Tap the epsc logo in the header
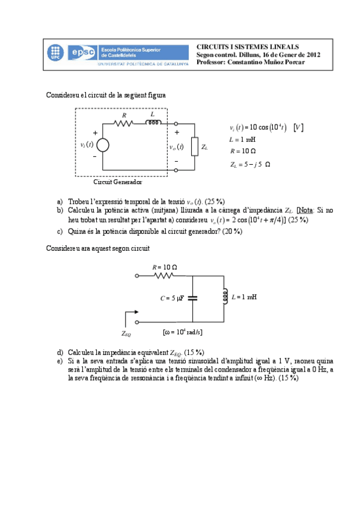82,52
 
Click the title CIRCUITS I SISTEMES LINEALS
248,47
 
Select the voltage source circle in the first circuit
103,145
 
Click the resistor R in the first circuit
124,124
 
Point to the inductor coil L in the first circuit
154,123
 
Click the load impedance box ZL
194,146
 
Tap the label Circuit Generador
118,182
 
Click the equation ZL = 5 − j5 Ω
250,164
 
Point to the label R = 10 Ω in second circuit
168,266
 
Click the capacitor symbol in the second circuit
192,298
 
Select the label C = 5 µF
173,298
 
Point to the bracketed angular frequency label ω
183,331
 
